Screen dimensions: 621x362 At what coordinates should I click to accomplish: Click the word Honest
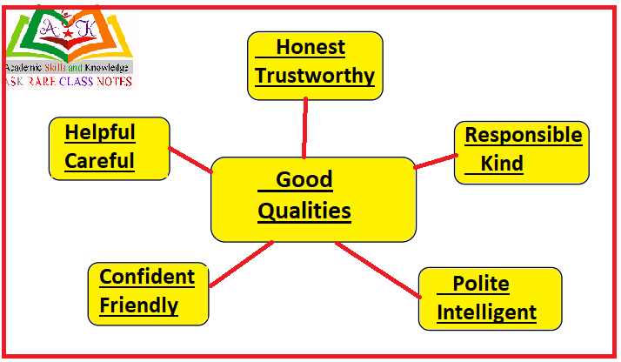coord(310,48)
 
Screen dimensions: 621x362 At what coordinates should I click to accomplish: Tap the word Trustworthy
coord(315,76)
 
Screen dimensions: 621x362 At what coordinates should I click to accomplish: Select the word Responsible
coord(524,135)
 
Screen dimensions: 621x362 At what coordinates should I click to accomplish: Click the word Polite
coord(480,285)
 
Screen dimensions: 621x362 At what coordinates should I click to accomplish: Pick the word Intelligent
coord(486,312)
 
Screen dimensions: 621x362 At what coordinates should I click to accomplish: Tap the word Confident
coord(147,277)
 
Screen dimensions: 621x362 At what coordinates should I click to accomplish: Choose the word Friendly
coord(139,305)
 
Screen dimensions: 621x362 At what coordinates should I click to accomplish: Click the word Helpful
coord(100,132)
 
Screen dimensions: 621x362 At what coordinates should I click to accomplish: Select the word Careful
coord(99,161)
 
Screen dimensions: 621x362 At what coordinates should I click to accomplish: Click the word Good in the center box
coord(304,180)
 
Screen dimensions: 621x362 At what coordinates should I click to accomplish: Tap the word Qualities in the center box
coord(304,211)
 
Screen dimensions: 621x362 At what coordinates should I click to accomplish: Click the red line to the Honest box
coord(305,127)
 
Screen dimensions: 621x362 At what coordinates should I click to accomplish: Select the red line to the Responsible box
coord(436,161)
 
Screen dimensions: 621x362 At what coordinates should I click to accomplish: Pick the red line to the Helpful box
coord(190,158)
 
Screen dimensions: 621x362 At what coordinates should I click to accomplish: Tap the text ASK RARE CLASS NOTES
coord(68,81)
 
